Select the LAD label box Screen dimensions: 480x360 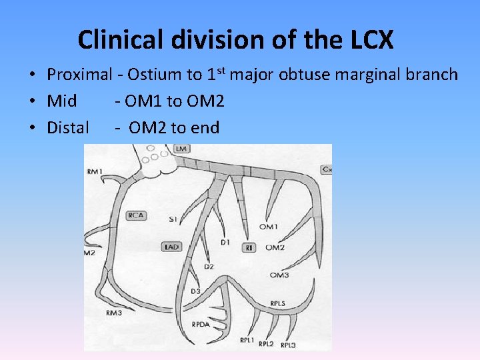pyautogui.click(x=171, y=247)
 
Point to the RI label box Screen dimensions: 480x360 pyautogui.click(x=251, y=247)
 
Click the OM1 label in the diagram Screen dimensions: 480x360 pyautogui.click(x=269, y=227)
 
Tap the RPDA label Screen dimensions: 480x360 pyautogui.click(x=201, y=325)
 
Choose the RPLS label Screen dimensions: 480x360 pyautogui.click(x=278, y=303)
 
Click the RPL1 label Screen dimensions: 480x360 pyautogui.click(x=247, y=340)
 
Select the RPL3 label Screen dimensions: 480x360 pyautogui.click(x=288, y=345)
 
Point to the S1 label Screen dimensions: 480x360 pyautogui.click(x=173, y=219)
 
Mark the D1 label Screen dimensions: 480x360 pyautogui.click(x=225, y=243)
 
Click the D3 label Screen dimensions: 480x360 pyautogui.click(x=195, y=291)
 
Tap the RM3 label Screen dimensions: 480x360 pyautogui.click(x=113, y=313)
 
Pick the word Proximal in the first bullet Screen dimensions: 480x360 pyautogui.click(x=78, y=74)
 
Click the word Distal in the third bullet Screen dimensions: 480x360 pyautogui.click(x=68, y=127)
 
